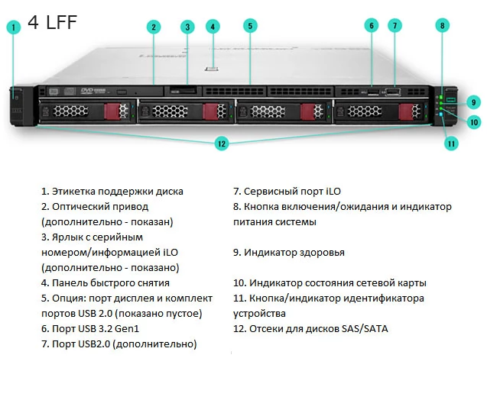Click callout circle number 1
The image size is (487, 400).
(13, 28)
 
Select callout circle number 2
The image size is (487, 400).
(154, 27)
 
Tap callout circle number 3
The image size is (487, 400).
(187, 27)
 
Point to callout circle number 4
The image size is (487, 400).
(213, 25)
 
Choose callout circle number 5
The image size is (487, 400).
(249, 25)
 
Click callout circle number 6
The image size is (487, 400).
(372, 25)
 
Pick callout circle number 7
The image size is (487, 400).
(394, 25)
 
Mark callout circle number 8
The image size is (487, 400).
(441, 25)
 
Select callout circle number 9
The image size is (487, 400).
(474, 102)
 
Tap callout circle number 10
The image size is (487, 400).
(474, 121)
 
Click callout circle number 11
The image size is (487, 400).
(452, 142)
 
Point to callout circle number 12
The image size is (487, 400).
(222, 143)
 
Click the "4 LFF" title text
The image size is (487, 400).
(52, 22)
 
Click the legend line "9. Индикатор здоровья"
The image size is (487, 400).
(289, 252)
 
